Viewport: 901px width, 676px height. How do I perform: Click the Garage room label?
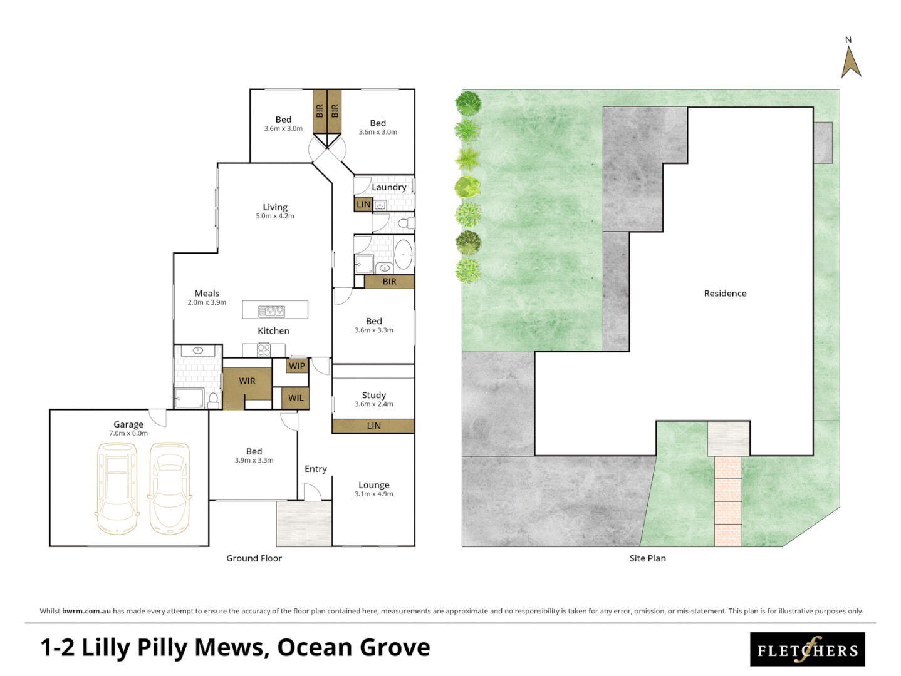[128, 424]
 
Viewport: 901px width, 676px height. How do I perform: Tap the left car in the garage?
[117, 488]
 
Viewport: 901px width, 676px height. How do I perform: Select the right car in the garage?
[169, 488]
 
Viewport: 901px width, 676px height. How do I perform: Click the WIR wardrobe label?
[247, 381]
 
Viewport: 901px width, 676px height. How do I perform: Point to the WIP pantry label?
[297, 366]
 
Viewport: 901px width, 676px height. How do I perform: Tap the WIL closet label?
[296, 397]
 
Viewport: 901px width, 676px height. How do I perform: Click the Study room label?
[374, 395]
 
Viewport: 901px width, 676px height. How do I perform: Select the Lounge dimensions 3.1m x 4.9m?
[374, 494]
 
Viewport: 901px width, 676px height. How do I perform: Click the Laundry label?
[388, 187]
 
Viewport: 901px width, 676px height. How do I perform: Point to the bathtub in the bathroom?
[403, 255]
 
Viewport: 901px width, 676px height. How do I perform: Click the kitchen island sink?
[272, 310]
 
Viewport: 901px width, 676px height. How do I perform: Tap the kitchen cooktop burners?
[264, 350]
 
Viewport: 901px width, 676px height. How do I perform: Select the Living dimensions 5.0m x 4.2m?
[275, 216]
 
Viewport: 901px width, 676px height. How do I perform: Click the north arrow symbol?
[850, 63]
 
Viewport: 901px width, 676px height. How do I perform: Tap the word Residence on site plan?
[725, 293]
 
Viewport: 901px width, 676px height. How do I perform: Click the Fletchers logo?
[807, 650]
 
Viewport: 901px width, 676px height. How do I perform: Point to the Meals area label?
[207, 293]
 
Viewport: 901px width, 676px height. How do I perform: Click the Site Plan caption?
[647, 558]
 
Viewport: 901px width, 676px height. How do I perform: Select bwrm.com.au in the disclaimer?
[86, 611]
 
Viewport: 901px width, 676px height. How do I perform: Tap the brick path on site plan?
[728, 501]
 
